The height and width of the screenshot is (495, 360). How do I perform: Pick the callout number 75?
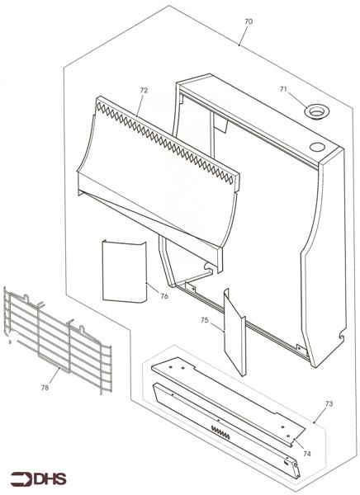tap(206, 318)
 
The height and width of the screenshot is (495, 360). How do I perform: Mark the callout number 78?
tap(45, 384)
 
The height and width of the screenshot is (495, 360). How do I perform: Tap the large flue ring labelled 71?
tap(314, 111)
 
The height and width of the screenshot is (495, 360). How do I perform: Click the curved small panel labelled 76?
tap(122, 270)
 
